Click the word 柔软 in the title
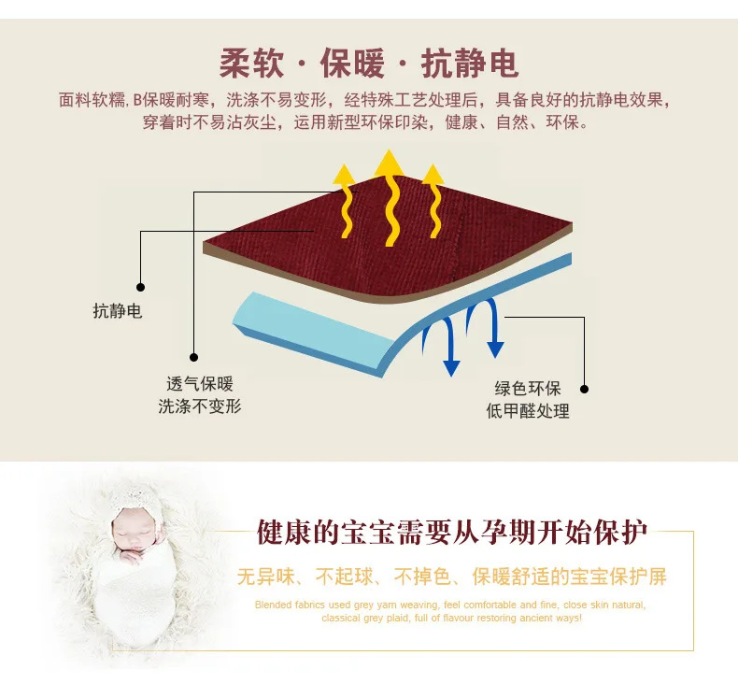point(252,64)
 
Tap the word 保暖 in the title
point(352,64)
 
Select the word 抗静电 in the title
point(470,64)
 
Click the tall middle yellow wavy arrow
point(390,198)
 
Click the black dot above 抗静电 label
point(140,287)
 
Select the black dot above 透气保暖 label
point(193,357)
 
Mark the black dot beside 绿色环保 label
point(584,389)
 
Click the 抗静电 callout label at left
point(117,311)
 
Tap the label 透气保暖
point(200,384)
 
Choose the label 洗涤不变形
point(200,406)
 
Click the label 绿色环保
point(528,389)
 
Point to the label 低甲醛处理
point(528,411)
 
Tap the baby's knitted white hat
point(134,504)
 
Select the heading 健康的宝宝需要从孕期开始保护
point(452,533)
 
